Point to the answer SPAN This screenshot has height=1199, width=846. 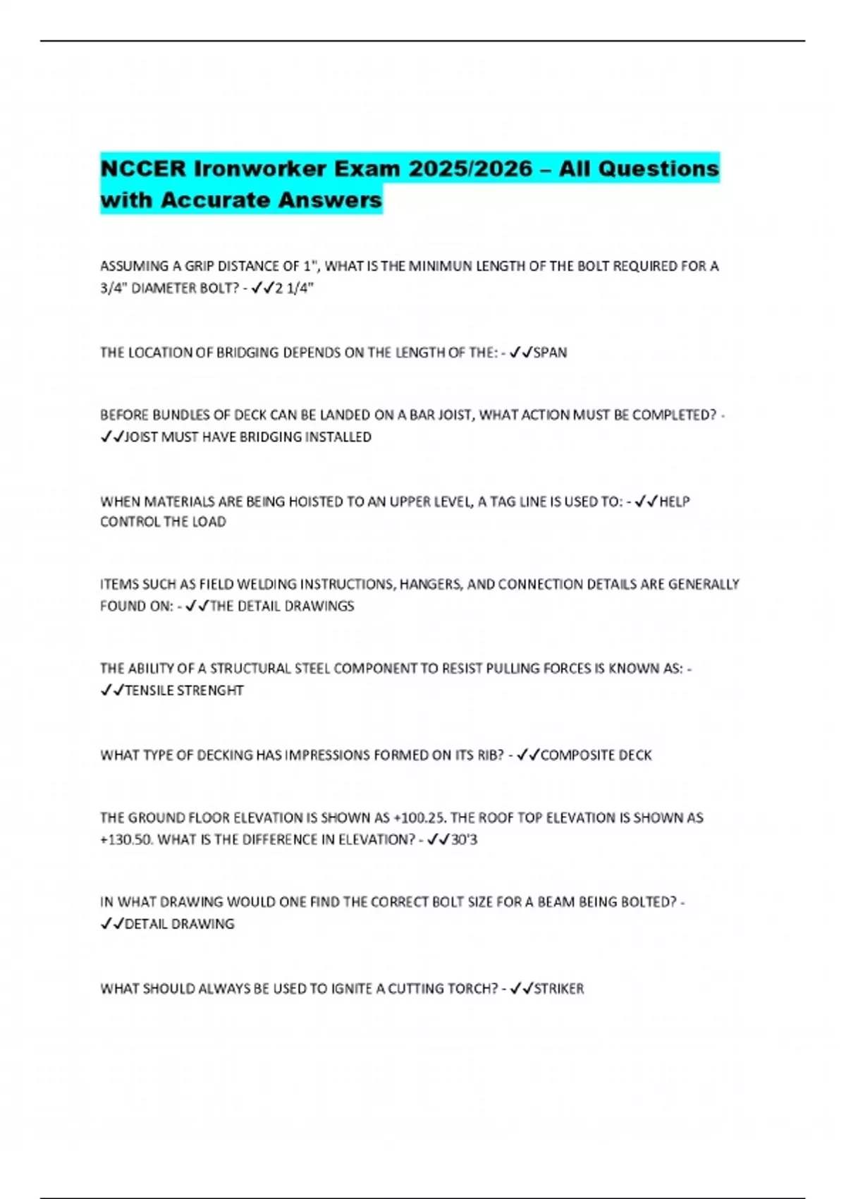coord(550,353)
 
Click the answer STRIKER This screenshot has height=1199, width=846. coord(559,989)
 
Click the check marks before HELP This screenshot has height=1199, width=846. coord(646,502)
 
